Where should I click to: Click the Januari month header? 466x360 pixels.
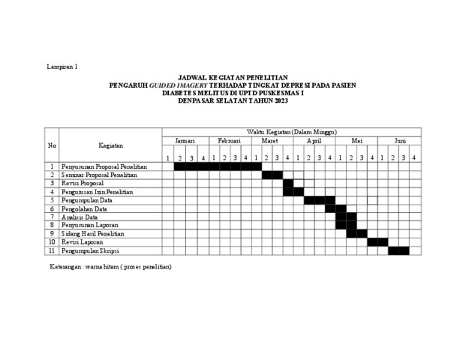click(185, 141)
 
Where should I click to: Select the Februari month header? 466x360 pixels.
click(229, 141)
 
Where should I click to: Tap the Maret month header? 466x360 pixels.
click(271, 141)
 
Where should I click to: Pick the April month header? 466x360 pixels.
click(314, 141)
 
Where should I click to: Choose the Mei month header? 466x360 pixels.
click(356, 141)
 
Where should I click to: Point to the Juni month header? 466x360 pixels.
click(400, 141)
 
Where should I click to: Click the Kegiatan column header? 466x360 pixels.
click(110, 145)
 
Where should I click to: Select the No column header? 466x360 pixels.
click(52, 145)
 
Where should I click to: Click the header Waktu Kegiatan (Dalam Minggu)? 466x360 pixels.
click(292, 132)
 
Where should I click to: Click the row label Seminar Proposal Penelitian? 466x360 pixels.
click(99, 175)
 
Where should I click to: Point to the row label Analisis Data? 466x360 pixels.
click(82, 217)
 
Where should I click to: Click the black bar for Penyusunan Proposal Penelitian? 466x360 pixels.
click(218, 166)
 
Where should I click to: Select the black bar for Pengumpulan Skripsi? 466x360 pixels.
click(398, 250)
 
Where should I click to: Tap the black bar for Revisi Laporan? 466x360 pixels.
click(377, 242)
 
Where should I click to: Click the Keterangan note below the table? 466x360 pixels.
click(110, 267)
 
